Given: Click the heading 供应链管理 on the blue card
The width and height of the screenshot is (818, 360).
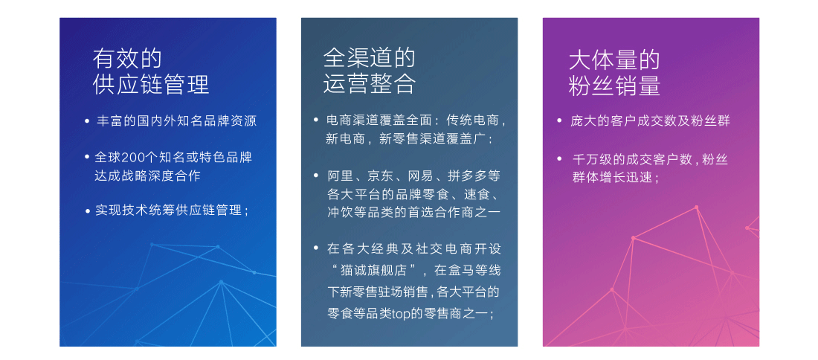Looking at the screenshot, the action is [151, 85].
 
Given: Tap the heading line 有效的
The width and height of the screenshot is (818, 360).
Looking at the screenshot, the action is [127, 59].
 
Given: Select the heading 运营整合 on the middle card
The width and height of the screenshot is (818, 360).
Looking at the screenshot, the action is [370, 84].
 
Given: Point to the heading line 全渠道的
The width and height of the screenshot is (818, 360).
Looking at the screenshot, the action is [370, 58].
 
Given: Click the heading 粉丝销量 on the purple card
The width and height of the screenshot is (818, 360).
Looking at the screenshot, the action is [614, 86].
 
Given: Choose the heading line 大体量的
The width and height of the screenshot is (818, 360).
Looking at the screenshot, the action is [614, 60].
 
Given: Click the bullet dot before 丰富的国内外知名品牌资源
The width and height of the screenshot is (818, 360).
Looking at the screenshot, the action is [87, 121].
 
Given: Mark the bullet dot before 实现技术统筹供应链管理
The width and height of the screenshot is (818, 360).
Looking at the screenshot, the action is [87, 210].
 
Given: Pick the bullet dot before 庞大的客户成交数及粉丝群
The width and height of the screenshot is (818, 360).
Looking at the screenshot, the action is [559, 121].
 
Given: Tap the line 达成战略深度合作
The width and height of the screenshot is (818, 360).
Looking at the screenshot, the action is [148, 176].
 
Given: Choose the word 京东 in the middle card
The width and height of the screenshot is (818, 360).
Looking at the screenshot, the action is [377, 176].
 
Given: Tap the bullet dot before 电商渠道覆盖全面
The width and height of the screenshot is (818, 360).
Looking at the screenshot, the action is [316, 120].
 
